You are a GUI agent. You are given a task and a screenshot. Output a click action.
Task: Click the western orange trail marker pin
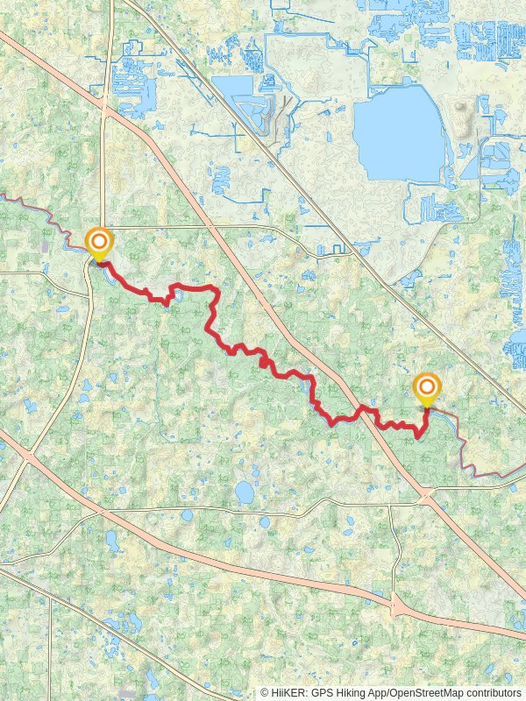coord(99,242)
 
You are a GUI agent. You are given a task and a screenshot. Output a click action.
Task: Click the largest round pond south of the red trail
coord(245,492)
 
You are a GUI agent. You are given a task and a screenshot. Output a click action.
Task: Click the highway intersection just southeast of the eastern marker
coord(426,499)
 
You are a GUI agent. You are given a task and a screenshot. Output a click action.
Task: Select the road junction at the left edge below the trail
coord(26,457)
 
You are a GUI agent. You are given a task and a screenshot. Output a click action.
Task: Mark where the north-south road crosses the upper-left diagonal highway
coord(105,110)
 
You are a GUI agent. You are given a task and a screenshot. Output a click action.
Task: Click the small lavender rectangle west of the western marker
coord(44,247)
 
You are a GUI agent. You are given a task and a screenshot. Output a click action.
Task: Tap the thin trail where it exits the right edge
coord(522,471)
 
